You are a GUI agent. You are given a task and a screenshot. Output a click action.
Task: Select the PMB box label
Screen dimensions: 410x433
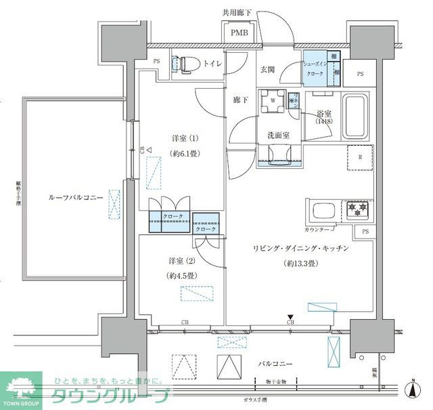(x=240, y=33)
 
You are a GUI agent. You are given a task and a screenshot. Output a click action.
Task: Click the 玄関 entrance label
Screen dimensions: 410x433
(x=267, y=69)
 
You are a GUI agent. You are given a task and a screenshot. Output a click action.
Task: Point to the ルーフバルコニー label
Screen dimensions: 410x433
(x=75, y=197)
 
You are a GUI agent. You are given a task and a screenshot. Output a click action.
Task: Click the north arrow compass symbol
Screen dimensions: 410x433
(x=413, y=390)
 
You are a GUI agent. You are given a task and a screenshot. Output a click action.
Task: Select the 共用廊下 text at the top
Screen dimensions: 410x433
(x=240, y=12)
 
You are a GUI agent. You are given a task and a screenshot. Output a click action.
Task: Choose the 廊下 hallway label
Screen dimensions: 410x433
(x=241, y=100)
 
